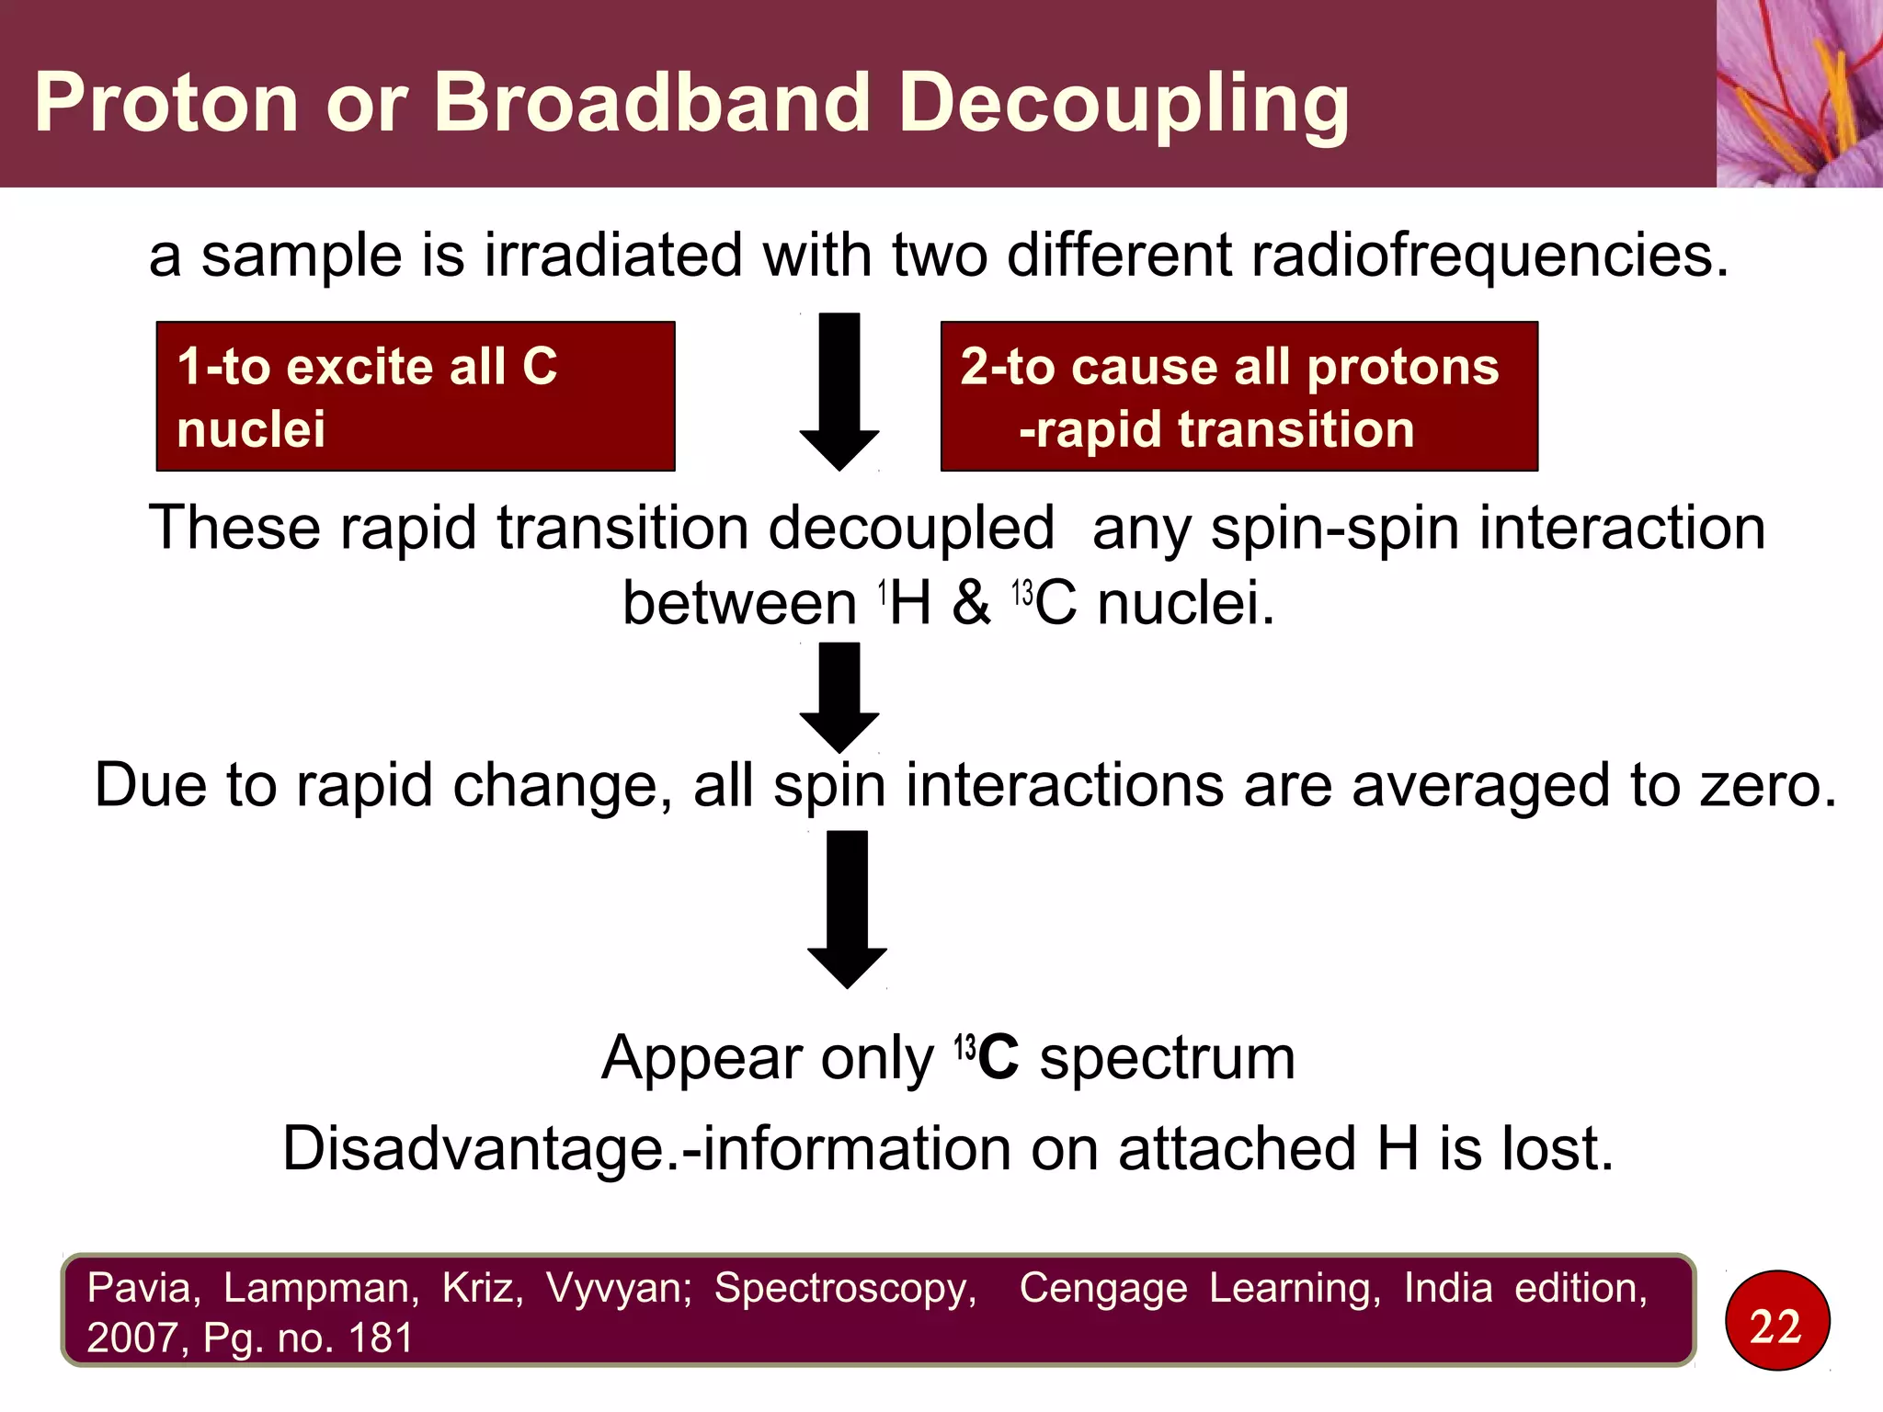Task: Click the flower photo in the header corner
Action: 1798,93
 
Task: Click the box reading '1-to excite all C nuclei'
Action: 416,396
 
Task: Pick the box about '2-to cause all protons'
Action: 1238,396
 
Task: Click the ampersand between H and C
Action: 972,604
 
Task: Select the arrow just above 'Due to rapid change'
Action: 839,696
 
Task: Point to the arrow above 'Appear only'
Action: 847,908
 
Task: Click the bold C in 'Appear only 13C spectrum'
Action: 999,1058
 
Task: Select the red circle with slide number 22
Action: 1776,1321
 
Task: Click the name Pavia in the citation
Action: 143,1288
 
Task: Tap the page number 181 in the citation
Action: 381,1338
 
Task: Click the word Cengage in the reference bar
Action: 1102,1289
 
